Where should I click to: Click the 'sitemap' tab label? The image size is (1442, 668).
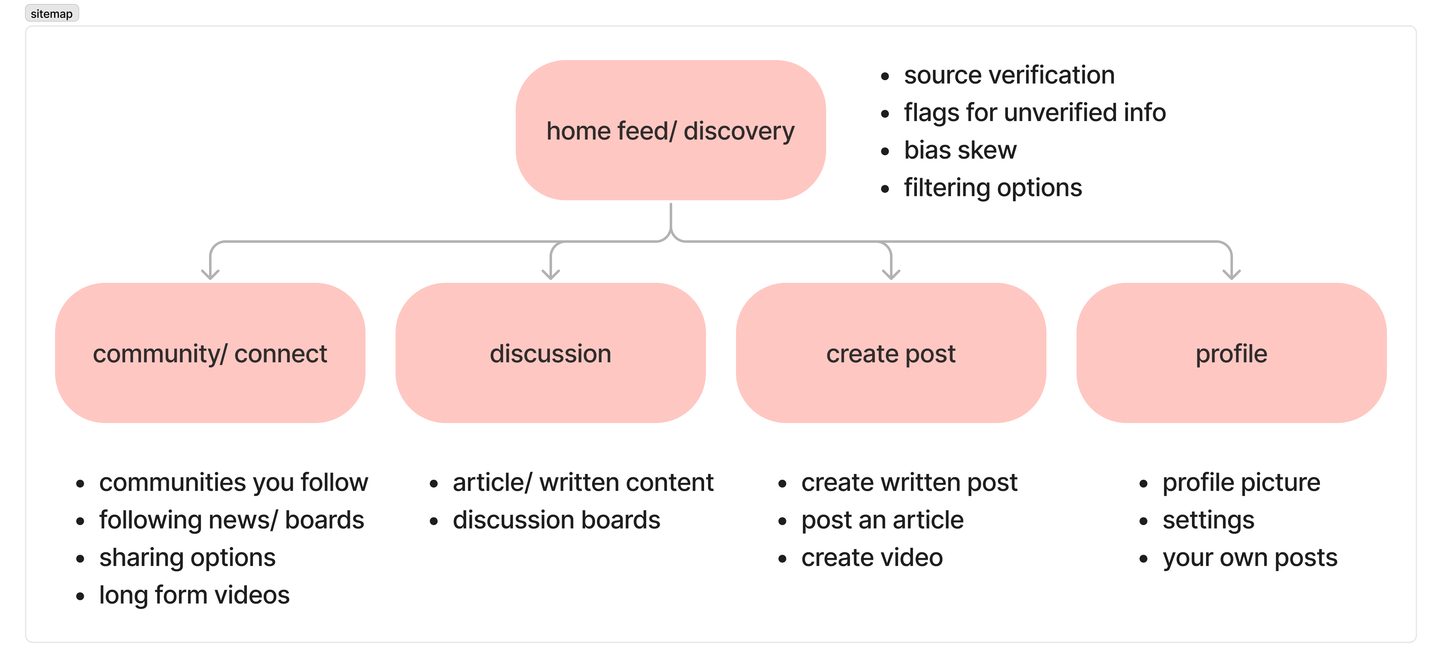point(52,13)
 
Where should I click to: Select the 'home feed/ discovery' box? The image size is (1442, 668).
point(671,130)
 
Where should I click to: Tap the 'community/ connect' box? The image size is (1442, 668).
point(210,353)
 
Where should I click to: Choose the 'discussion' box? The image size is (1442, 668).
point(550,353)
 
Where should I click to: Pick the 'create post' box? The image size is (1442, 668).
point(891,353)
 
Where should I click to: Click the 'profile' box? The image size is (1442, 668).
point(1231,353)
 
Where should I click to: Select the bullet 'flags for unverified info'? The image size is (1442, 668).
point(1035,112)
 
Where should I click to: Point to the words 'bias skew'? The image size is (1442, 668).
point(960,150)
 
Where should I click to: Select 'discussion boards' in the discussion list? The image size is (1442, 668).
point(556,520)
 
